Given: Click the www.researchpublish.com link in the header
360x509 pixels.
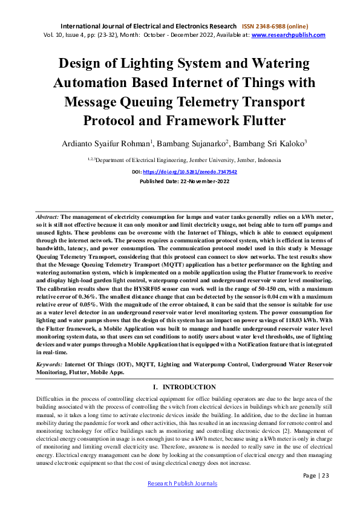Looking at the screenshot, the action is pos(289,35).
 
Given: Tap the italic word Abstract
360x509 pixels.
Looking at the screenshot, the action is pos(47,216).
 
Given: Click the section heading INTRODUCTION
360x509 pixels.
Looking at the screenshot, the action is pos(189,387).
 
